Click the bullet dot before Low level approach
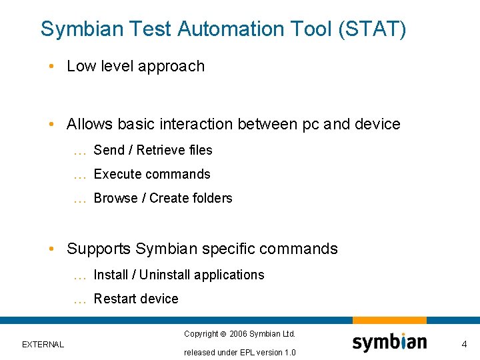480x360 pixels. coord(51,67)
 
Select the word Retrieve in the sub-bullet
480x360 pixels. coord(160,151)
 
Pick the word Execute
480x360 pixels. coord(117,175)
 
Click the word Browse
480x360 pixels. coord(115,199)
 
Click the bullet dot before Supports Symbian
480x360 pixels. coord(51,249)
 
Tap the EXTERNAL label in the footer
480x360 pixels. coord(43,345)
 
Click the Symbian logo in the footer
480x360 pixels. coord(389,342)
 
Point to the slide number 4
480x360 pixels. coord(465,344)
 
